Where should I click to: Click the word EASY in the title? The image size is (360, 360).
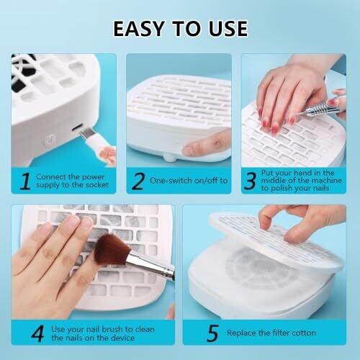pyautogui.click(x=139, y=29)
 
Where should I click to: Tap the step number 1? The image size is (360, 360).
pyautogui.click(x=25, y=181)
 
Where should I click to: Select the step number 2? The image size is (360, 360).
pyautogui.click(x=138, y=181)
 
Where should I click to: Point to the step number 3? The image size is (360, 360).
pyautogui.click(x=250, y=181)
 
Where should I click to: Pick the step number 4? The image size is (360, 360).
pyautogui.click(x=37, y=333)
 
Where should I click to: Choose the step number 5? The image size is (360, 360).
pyautogui.click(x=212, y=333)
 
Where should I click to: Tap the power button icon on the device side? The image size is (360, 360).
pyautogui.click(x=50, y=140)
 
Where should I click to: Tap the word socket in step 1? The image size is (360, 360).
pyautogui.click(x=97, y=185)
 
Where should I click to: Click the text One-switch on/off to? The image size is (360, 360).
pyautogui.click(x=189, y=181)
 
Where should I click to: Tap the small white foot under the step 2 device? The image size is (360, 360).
pyautogui.click(x=171, y=157)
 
